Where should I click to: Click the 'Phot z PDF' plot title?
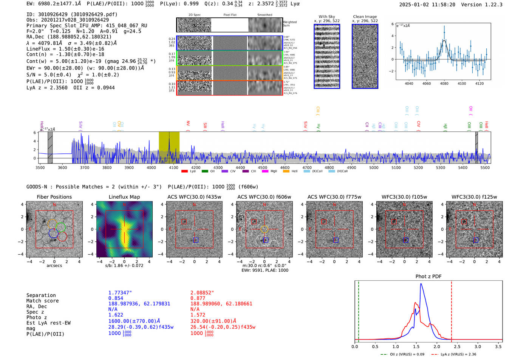pos(428,277)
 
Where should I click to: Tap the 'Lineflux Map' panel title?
pos(124,197)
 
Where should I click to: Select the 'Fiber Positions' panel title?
pos(54,197)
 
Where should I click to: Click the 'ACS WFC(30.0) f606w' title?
pos(264,197)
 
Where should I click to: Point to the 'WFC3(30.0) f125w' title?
pos(474,197)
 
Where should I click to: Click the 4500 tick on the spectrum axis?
pos(263,168)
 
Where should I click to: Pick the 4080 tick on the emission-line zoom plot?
pos(444,83)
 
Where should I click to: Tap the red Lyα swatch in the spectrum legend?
pos(184,172)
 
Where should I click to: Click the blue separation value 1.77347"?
pos(120,293)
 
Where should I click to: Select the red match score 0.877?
pos(198,298)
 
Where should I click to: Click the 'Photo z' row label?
pos(36,317)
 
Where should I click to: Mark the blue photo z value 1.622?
pos(116,315)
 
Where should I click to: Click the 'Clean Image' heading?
pos(365,17)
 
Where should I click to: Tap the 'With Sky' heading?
pos(326,17)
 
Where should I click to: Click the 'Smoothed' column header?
pos(264,15)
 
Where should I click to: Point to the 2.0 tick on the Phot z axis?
pos(436,346)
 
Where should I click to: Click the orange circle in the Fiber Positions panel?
pos(52,224)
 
